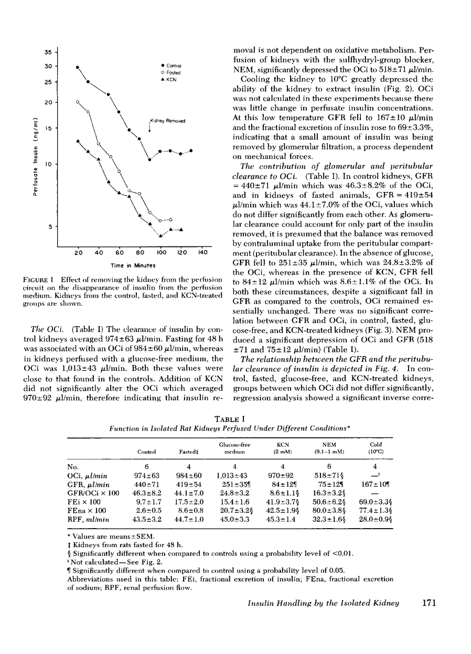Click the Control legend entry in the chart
tap(174, 65)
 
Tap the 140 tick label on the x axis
tap(202, 253)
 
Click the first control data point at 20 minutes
tap(77, 67)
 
